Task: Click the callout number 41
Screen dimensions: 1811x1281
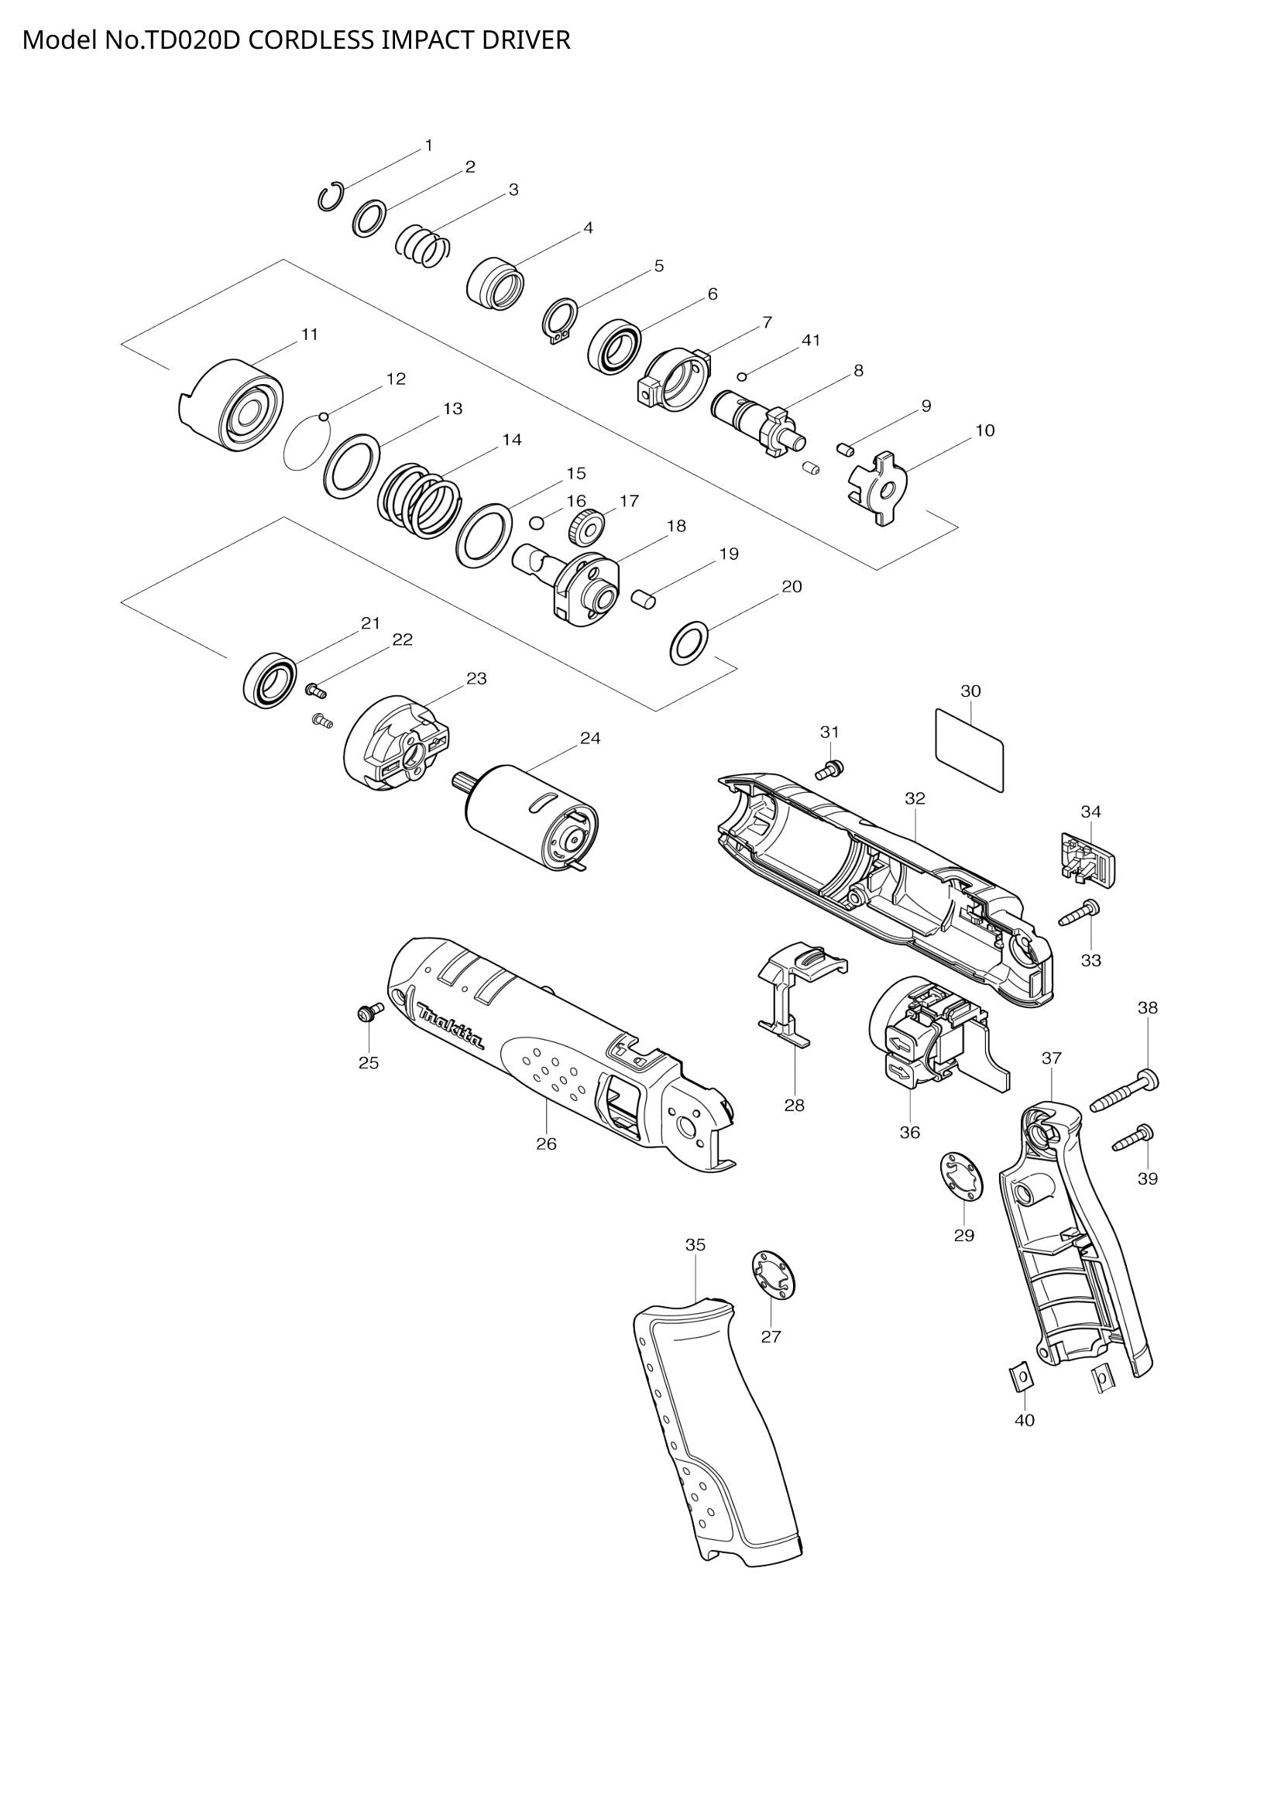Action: pyautogui.click(x=811, y=340)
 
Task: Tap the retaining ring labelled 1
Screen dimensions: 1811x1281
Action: pyautogui.click(x=331, y=197)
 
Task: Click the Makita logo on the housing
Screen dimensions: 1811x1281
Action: pyautogui.click(x=451, y=1026)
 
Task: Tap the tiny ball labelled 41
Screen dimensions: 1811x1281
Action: pyautogui.click(x=742, y=376)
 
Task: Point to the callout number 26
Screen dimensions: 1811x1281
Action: pyautogui.click(x=546, y=1144)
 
